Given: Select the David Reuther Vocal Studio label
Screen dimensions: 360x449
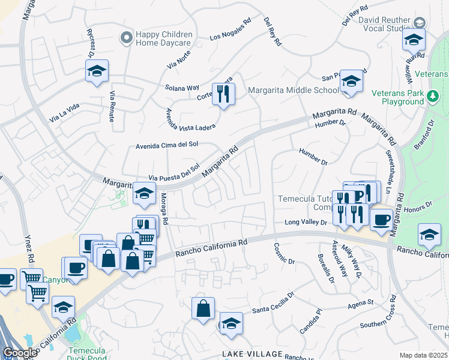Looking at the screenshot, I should click(x=384, y=23).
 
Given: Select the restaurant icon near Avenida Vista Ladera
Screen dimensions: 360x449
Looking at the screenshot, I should click(x=223, y=94).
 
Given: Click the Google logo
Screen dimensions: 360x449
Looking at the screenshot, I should click(x=20, y=352).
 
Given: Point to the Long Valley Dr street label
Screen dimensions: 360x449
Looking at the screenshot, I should click(x=306, y=223).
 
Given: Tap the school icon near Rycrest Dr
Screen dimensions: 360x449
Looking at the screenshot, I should click(x=97, y=71).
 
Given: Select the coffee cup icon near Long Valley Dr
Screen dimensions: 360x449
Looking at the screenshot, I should click(x=381, y=220).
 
